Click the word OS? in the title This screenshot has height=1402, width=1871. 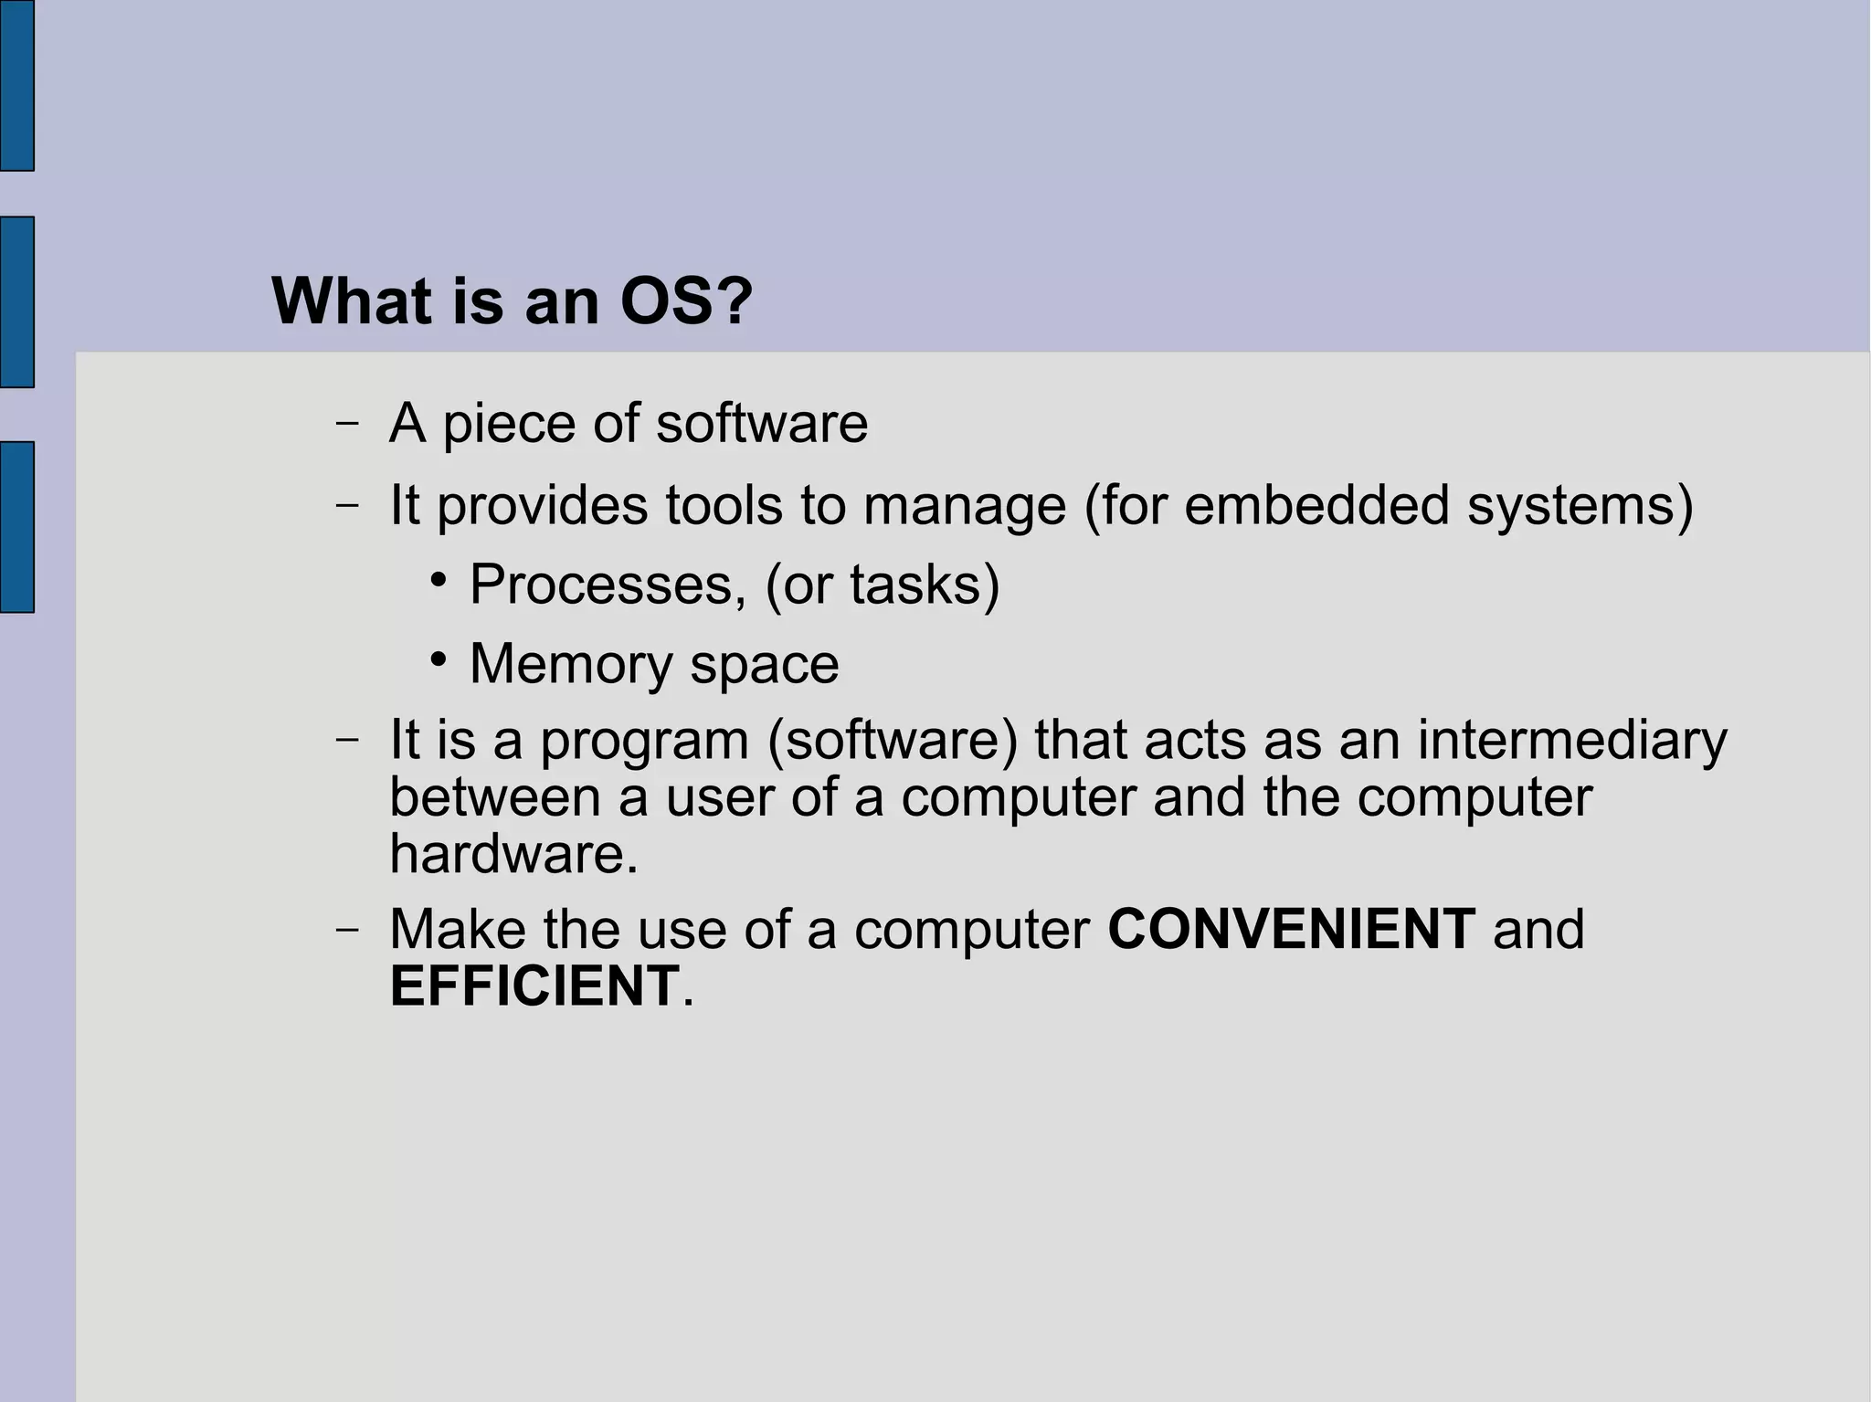[685, 301]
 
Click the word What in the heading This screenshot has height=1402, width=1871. [352, 301]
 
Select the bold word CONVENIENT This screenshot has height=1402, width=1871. [1290, 930]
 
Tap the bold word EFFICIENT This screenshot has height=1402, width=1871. [534, 986]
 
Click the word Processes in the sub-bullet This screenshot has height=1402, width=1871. [601, 585]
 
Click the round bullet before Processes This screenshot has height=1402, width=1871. [439, 579]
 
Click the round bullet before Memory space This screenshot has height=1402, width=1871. [439, 659]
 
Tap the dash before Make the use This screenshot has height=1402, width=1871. [346, 930]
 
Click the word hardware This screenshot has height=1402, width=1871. [512, 854]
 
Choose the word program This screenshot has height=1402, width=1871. [644, 741]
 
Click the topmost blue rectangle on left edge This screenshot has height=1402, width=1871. [16, 85]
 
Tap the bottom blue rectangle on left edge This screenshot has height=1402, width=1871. [16, 526]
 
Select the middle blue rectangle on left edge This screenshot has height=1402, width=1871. [16, 301]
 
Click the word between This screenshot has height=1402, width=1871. [494, 796]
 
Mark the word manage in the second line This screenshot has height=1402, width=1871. [964, 506]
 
